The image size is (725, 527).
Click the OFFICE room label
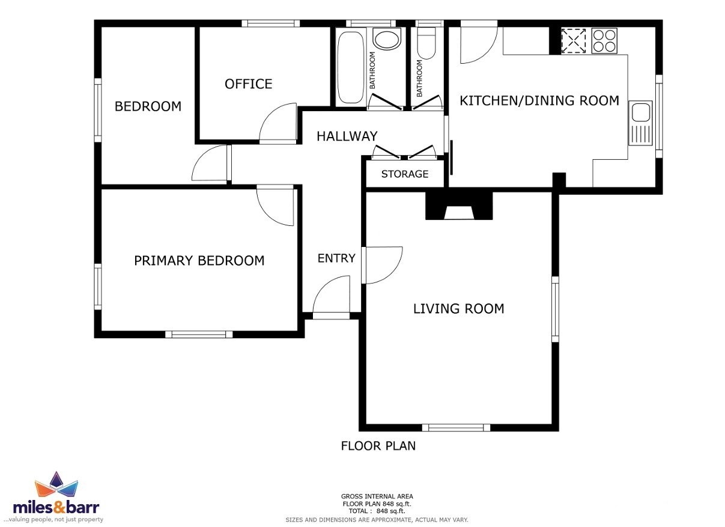(248, 84)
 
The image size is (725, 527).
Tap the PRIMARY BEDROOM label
(199, 261)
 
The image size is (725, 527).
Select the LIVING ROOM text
(459, 308)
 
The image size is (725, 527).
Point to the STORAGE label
(405, 174)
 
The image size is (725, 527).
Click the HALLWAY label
(347, 136)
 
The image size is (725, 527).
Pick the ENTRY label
(336, 258)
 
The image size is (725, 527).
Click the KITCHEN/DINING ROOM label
(539, 101)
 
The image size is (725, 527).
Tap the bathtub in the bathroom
(351, 67)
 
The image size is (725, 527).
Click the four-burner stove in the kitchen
(604, 40)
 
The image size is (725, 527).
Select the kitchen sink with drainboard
(640, 123)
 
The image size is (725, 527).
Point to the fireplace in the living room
(459, 206)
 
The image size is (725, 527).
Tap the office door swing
(278, 124)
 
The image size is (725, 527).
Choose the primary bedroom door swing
(276, 206)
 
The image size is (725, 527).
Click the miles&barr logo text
(56, 507)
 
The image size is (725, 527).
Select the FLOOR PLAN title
(378, 446)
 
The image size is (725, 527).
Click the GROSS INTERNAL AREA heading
(377, 496)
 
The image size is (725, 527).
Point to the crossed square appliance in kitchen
(573, 40)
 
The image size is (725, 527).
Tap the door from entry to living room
(382, 265)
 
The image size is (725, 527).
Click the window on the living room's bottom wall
(456, 427)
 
